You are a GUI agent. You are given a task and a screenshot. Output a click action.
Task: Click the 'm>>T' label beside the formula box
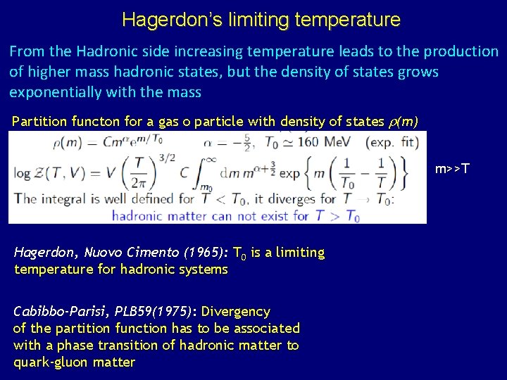pos(453,169)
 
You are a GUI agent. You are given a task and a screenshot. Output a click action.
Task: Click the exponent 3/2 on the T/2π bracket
pos(151,159)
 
